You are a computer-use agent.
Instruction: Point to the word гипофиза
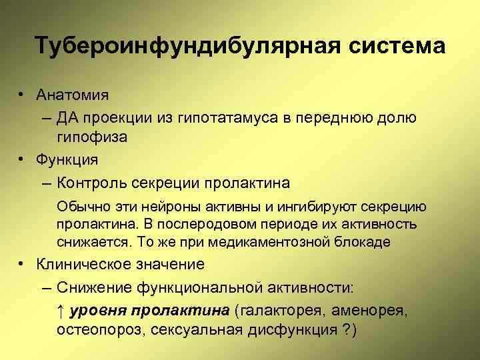click(x=89, y=137)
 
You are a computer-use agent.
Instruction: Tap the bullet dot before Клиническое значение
click(x=23, y=265)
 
